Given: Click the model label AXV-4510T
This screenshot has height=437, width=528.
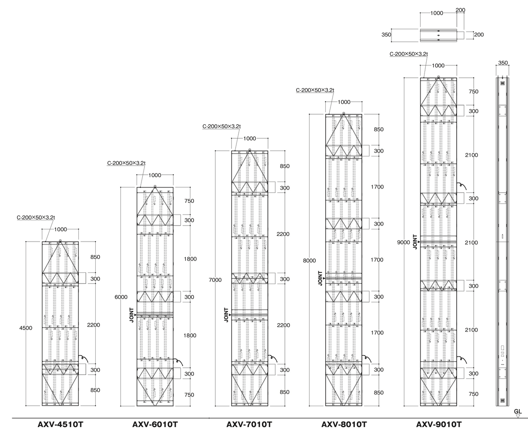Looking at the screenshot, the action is [x=60, y=424].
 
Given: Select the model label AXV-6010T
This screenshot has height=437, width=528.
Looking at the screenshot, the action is [x=155, y=424].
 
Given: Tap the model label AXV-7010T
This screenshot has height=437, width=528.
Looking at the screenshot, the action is [x=249, y=424].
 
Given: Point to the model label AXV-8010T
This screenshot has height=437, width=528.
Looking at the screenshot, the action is [x=344, y=424].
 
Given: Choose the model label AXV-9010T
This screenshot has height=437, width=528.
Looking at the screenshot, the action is [x=439, y=424].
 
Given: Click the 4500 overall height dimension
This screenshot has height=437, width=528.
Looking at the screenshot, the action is [x=26, y=328].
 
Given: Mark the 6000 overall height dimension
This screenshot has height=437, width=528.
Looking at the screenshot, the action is [x=121, y=297].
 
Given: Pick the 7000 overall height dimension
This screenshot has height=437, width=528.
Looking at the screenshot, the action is [x=215, y=280].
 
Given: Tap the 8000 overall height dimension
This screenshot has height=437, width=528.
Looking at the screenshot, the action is [x=309, y=261].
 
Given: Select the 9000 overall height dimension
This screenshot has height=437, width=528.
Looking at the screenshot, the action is [x=403, y=242].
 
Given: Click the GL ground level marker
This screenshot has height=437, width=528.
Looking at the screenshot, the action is [x=518, y=413].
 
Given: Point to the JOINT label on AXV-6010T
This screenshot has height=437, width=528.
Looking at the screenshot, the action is [x=131, y=315].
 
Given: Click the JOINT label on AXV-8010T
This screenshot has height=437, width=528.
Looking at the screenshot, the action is [x=321, y=278].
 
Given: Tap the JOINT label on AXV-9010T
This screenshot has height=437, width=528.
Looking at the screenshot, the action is [x=415, y=242].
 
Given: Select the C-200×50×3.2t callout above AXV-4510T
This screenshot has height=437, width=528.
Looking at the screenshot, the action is [x=36, y=217].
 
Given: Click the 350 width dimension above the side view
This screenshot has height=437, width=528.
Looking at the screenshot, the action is [x=503, y=63].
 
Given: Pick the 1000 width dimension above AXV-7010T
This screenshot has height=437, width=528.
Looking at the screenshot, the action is [x=250, y=139].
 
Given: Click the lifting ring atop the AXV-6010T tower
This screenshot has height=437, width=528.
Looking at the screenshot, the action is [x=155, y=186].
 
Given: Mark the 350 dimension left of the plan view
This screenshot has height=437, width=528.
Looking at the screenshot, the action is [x=386, y=35].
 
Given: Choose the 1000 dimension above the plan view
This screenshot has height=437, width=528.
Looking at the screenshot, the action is [x=437, y=13].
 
